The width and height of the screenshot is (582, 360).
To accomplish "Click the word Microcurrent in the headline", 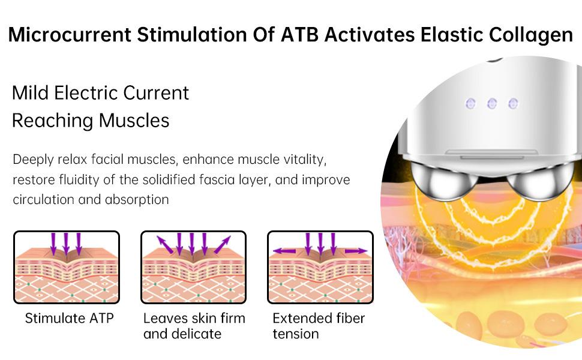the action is point(70,35).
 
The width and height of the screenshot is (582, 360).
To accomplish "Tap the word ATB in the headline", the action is point(299,35).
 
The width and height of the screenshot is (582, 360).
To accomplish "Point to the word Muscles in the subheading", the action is point(134,121).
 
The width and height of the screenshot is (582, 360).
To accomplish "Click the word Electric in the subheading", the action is point(86,93).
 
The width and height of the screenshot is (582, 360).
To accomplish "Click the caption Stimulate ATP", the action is point(70,318).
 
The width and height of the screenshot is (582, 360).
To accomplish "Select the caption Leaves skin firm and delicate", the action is point(194,326).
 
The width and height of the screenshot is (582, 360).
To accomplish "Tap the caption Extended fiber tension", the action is point(319,326).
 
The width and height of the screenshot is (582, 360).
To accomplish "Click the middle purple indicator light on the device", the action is point(492,103).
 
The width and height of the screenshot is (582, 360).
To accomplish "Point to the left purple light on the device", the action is point(470,103).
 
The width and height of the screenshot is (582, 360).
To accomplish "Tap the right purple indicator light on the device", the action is point(513,103).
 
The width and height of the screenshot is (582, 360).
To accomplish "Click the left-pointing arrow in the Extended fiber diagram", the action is point(284,251).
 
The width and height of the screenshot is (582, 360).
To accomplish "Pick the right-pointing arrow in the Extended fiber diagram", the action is point(356,251).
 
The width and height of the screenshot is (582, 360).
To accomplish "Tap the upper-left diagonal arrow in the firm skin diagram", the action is point(165,245).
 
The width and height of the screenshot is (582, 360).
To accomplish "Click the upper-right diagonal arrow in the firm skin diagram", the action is point(223,245).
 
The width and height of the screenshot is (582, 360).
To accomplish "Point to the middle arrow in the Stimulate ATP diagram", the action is point(65,244).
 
